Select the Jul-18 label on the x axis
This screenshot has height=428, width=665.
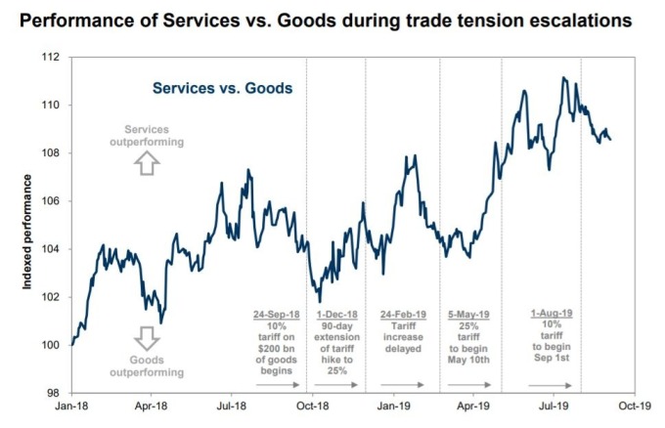click(x=232, y=406)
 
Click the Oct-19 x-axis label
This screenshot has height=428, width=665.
click(x=635, y=406)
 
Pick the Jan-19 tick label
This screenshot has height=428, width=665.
click(x=393, y=406)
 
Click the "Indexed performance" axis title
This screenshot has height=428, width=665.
click(x=27, y=233)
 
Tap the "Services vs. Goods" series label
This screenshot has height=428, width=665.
click(x=223, y=88)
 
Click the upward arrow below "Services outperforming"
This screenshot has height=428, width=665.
click(x=147, y=163)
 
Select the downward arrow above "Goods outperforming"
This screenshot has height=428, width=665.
click(x=147, y=338)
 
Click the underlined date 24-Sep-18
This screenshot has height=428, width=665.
click(x=277, y=315)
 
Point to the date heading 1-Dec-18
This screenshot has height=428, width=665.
click(x=337, y=315)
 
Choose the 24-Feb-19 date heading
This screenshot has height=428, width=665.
click(x=403, y=315)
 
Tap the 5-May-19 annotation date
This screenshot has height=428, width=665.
click(x=468, y=315)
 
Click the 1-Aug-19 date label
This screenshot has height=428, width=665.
click(x=552, y=313)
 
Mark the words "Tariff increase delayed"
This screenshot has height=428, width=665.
click(x=403, y=337)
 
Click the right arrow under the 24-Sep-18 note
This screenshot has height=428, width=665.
click(x=278, y=385)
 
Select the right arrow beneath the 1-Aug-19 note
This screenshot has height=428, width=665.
click(x=550, y=385)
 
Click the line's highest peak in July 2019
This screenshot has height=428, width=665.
click(x=563, y=77)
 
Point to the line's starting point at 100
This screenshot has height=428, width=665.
click(x=72, y=345)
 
